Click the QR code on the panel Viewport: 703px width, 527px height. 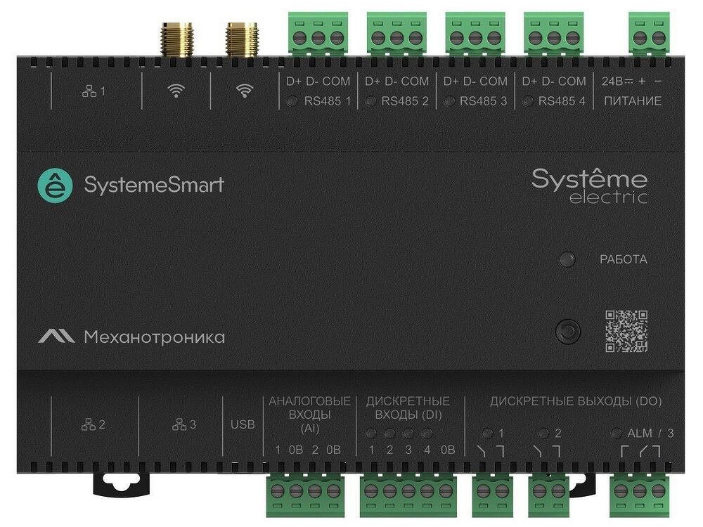coord(626,331)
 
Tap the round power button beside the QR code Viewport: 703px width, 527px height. coord(567,332)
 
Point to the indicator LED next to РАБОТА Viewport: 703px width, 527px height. coord(567,259)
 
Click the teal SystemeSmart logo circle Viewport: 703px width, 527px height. coord(55,186)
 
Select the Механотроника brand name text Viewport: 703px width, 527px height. coord(154,337)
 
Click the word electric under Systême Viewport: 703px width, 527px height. coord(608,197)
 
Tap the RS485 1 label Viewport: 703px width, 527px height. coord(328,101)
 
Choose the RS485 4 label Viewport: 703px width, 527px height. coord(562,101)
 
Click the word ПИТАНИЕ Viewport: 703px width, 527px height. coord(633,101)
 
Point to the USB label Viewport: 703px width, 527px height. coord(243,424)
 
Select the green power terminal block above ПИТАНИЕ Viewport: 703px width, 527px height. coord(649,34)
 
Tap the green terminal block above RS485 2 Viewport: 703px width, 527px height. coord(396,34)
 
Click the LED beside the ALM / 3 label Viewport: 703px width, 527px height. coord(617,433)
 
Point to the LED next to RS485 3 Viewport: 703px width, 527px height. coord(449,101)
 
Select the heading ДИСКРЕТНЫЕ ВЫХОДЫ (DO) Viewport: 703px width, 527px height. coord(576,401)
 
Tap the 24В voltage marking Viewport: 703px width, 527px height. coord(612,81)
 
